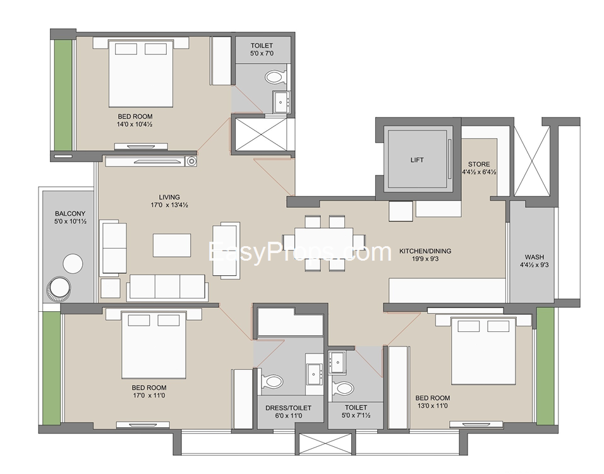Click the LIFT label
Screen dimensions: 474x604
click(416, 160)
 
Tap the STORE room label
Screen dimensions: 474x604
click(478, 165)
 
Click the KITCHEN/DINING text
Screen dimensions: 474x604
click(425, 251)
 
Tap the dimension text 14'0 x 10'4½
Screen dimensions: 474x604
click(135, 124)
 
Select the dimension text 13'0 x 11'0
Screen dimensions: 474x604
click(432, 406)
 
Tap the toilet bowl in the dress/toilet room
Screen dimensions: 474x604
click(273, 381)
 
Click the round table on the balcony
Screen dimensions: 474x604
click(72, 263)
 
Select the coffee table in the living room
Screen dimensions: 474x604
click(172, 245)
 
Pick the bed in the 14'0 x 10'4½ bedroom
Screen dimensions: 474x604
click(141, 73)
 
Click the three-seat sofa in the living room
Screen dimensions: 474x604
click(167, 287)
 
